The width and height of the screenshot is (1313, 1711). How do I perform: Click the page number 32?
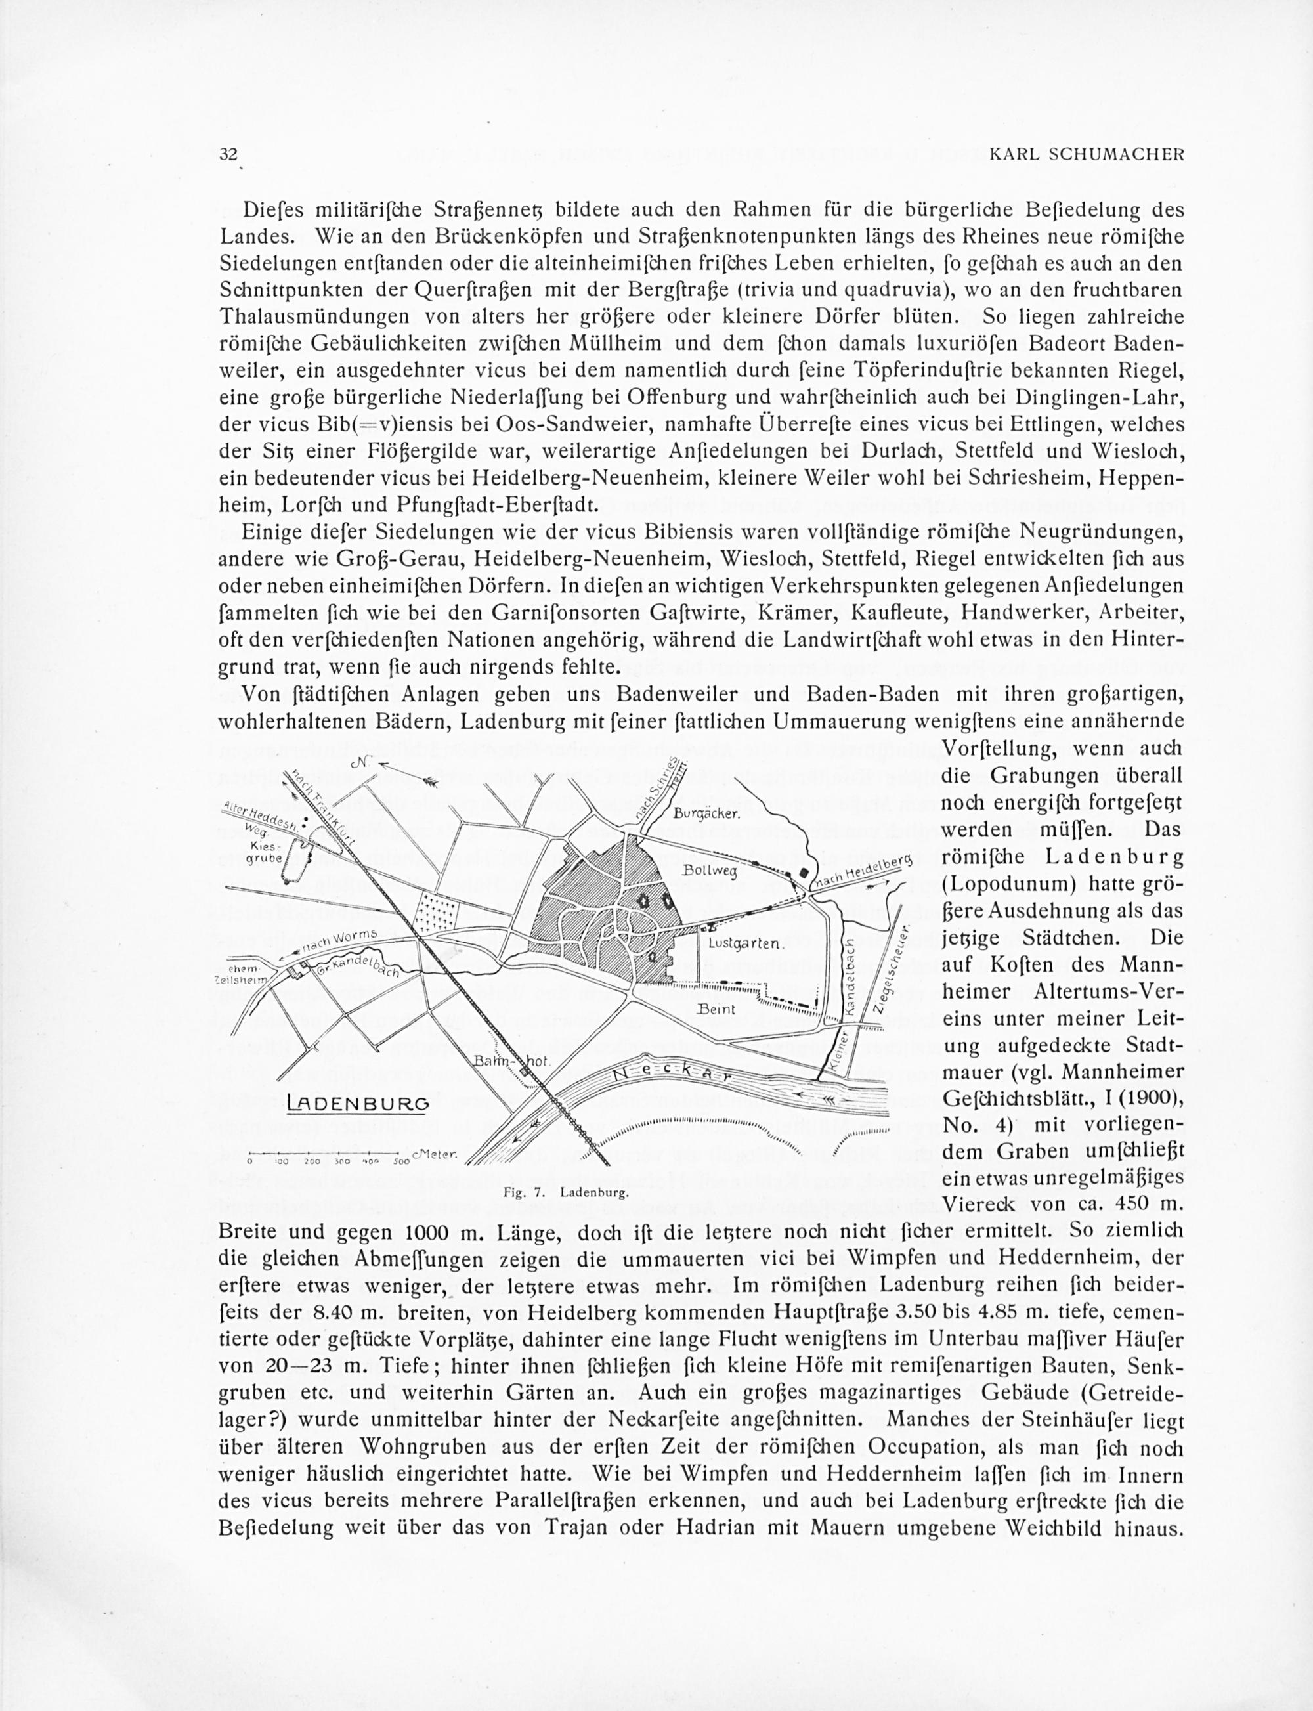click(x=228, y=154)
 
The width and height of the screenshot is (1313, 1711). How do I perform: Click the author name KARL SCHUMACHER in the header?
click(x=1087, y=155)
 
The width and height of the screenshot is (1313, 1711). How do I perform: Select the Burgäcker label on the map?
click(x=706, y=813)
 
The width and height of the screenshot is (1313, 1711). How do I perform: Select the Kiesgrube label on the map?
click(x=263, y=853)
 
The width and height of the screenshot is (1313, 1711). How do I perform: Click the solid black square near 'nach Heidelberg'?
click(x=804, y=874)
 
